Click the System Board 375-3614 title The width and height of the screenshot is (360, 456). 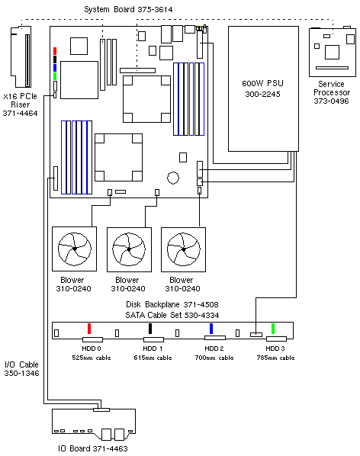tap(128, 10)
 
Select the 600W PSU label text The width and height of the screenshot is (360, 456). tap(262, 83)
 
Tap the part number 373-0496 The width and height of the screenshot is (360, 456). tap(331, 101)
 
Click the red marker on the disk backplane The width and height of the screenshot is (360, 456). tap(89, 329)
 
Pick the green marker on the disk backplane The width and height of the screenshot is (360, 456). tap(273, 329)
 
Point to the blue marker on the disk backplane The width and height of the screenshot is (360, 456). tap(211, 329)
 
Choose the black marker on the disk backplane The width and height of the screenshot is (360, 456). tap(150, 329)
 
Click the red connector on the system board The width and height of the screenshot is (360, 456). tap(55, 51)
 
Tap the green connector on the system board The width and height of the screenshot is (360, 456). tap(55, 76)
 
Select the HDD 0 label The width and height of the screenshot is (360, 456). tap(92, 348)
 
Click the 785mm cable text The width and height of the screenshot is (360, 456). tap(275, 358)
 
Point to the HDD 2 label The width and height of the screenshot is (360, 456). tap(214, 348)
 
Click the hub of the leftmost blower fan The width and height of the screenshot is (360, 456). tap(75, 249)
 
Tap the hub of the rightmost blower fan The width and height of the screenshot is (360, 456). tap(184, 249)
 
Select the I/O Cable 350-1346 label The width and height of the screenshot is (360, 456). tap(21, 369)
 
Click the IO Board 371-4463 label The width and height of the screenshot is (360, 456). tap(93, 448)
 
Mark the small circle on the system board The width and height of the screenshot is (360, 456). tap(173, 178)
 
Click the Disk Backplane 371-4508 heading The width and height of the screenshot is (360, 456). tap(172, 304)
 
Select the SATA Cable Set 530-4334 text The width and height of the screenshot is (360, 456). tap(172, 315)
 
